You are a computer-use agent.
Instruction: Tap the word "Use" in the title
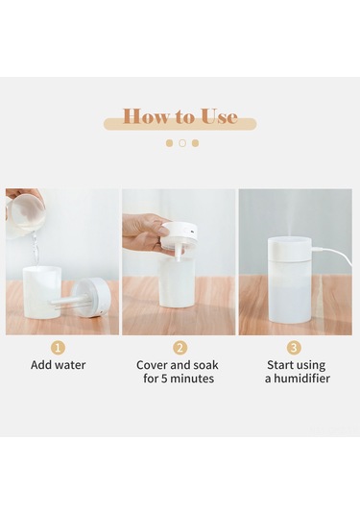(x=219, y=116)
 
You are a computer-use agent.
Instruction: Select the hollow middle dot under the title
(x=182, y=143)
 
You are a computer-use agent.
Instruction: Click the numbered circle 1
(x=58, y=348)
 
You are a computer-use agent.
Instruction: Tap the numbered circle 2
(x=180, y=348)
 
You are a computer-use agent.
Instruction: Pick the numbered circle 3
(x=294, y=348)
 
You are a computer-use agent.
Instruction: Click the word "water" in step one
(x=70, y=365)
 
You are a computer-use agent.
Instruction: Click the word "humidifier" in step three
(x=301, y=379)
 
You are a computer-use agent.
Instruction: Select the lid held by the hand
(x=179, y=236)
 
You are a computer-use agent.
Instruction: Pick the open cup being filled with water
(x=40, y=293)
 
